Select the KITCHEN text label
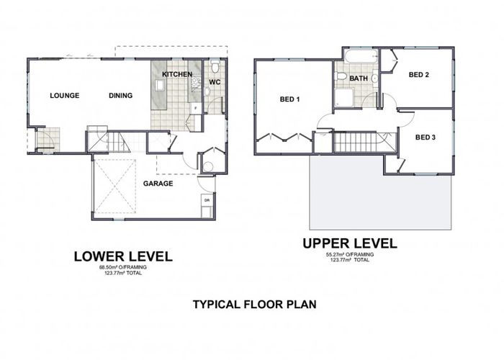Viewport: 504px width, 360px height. point(176,75)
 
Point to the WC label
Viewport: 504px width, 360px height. point(214,83)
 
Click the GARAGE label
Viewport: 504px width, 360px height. point(158,184)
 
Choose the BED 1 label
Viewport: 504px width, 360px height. point(289,99)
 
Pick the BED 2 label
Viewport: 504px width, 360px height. point(419,74)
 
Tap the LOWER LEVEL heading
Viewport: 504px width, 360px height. point(124,256)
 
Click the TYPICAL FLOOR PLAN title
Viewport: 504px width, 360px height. point(254,304)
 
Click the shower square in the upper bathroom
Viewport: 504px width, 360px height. point(343,98)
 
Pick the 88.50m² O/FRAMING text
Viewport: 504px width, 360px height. point(122,267)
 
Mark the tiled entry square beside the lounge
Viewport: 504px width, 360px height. point(48,140)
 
